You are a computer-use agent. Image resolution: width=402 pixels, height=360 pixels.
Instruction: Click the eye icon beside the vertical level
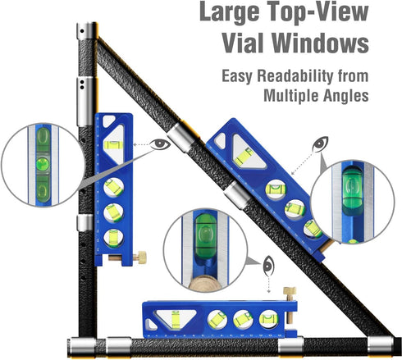(161, 144)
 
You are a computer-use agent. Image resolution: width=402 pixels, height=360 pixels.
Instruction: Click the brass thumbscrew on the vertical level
(142, 258)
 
